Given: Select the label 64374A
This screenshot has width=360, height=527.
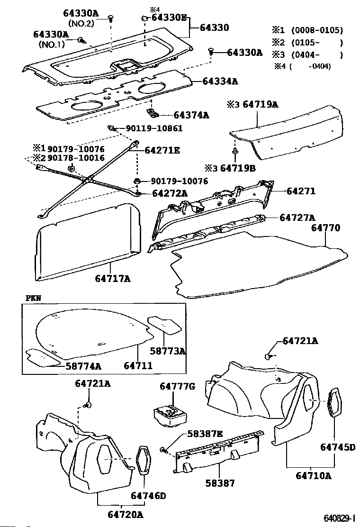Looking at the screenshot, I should click(191, 115).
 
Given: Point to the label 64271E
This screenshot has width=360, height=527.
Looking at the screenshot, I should click(162, 150).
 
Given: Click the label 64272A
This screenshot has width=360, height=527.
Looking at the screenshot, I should click(170, 193).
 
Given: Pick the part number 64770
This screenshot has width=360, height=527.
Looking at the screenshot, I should click(325, 228).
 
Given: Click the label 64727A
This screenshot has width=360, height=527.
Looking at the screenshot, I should click(297, 218).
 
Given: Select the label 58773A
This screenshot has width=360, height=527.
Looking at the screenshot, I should click(167, 351).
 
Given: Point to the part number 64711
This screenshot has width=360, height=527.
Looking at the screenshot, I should click(138, 366).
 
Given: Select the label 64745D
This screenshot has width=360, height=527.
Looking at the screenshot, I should click(337, 447).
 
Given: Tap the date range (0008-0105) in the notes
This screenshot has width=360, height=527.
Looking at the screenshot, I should click(317, 30).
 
